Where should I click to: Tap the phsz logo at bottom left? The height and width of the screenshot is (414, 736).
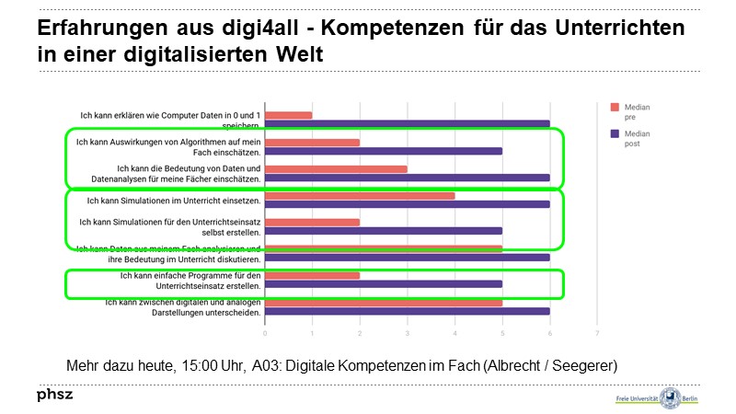pos(54,396)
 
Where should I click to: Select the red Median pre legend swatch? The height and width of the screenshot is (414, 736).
pos(615,108)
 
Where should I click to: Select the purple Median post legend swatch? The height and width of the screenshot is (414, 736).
pos(615,133)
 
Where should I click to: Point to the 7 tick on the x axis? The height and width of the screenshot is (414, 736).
pos(597,332)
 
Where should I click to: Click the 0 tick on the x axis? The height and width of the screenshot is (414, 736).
pos(265,332)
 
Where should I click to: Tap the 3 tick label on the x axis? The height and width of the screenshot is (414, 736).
pos(408,332)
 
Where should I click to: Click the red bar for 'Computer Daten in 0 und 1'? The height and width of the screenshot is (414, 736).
pos(289,115)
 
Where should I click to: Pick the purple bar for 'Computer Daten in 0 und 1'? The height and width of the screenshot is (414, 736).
pos(407,123)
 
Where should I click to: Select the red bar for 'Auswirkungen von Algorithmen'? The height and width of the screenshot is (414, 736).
pos(312,143)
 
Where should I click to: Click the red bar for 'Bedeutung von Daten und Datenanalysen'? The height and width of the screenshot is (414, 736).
pos(336,169)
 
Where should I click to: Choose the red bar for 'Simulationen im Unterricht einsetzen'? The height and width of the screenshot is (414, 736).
pos(360,195)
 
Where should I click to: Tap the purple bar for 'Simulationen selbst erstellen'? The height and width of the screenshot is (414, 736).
pos(383,231)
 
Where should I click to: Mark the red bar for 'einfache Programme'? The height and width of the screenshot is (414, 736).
pos(312,275)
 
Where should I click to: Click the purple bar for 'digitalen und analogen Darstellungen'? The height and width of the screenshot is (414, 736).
pos(407,311)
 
